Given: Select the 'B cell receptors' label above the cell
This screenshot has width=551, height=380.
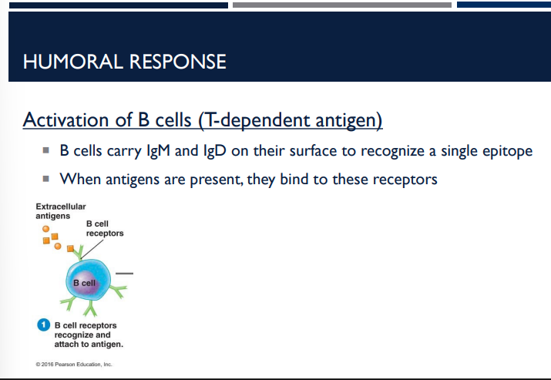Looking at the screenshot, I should pos(104,228).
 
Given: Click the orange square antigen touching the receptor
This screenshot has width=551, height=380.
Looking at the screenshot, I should pos(71,249).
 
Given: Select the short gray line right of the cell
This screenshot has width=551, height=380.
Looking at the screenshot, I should pos(126,274).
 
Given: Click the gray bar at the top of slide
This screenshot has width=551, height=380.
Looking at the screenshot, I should pos(341,5).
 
